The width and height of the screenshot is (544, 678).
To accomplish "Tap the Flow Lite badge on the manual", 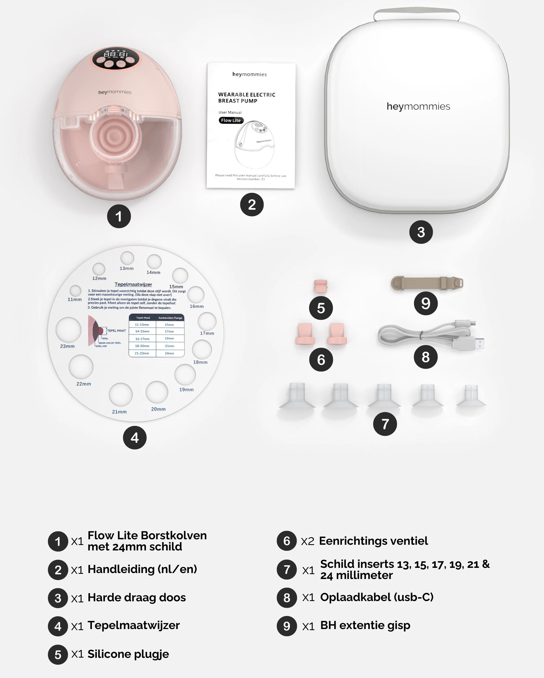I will [x=231, y=120].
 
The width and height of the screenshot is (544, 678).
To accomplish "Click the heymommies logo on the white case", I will [x=418, y=106].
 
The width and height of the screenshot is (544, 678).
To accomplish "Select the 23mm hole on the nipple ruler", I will [x=69, y=330].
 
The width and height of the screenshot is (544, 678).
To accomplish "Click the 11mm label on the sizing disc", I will [x=75, y=299].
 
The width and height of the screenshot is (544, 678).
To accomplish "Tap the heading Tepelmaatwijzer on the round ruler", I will [x=133, y=284].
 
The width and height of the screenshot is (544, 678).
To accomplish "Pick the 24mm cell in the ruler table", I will [x=169, y=353].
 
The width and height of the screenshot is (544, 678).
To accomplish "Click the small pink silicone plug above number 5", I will [x=321, y=286].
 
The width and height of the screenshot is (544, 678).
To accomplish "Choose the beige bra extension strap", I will [x=426, y=283].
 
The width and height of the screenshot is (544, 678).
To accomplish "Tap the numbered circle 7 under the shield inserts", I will [x=385, y=424].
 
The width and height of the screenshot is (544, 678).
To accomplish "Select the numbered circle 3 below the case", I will [x=421, y=232].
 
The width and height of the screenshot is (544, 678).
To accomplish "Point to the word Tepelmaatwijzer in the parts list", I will [x=134, y=626].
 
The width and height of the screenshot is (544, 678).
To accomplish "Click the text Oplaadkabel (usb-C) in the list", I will [x=377, y=597].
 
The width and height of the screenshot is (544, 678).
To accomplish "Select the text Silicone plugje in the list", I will [x=128, y=654].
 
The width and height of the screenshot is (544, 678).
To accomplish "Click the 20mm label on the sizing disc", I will [x=158, y=409].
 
